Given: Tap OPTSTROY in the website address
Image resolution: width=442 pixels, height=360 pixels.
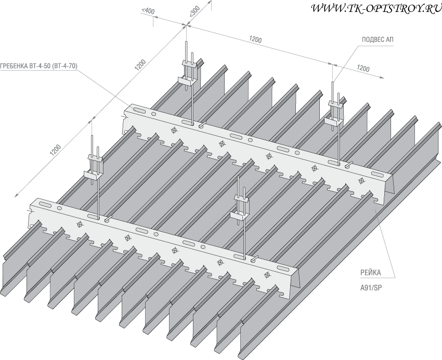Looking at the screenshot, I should [x=391, y=8].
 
